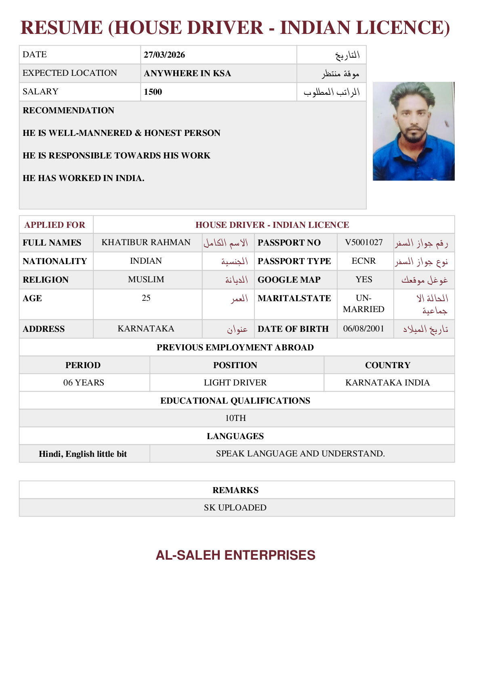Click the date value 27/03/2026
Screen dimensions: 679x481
[x=164, y=55]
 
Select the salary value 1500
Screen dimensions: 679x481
[x=153, y=92]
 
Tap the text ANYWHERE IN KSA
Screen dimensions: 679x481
[x=187, y=73]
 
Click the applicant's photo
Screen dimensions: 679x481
[x=413, y=131]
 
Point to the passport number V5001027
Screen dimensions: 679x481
[x=364, y=242]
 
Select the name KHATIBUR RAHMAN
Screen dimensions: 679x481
[x=146, y=242]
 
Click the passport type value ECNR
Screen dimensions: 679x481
[x=363, y=261]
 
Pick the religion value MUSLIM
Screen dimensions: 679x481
[x=146, y=279]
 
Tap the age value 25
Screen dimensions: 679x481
[x=146, y=298]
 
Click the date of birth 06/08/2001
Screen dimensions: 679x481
[x=363, y=329]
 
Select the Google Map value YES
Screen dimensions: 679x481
[x=364, y=279]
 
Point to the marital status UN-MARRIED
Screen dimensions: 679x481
[x=363, y=304]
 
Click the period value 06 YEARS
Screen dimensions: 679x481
[x=84, y=383]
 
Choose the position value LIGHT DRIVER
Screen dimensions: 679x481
[x=235, y=383]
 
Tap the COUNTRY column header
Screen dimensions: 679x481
[x=388, y=365]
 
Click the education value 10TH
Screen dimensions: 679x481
[x=235, y=418]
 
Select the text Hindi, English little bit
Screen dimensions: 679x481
[x=83, y=454]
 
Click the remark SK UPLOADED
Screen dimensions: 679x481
[x=235, y=508]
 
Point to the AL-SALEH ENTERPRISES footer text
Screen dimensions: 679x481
[x=235, y=555]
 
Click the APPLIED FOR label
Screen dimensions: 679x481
[x=55, y=225]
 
